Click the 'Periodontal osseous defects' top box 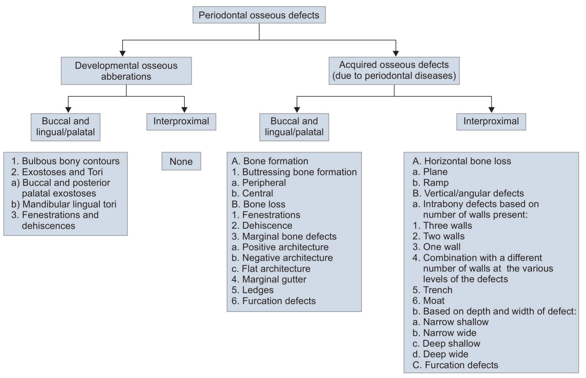pos(259,15)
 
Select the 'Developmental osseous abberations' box pos(126,71)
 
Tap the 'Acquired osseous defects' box pos(394,70)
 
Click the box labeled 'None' pos(181,161)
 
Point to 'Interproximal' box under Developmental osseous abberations pos(181,121)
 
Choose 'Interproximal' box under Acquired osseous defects pos(491,121)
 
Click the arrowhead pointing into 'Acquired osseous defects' pos(396,53)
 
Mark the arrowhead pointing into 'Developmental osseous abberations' pos(122,53)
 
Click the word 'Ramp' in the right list pos(436,183)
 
